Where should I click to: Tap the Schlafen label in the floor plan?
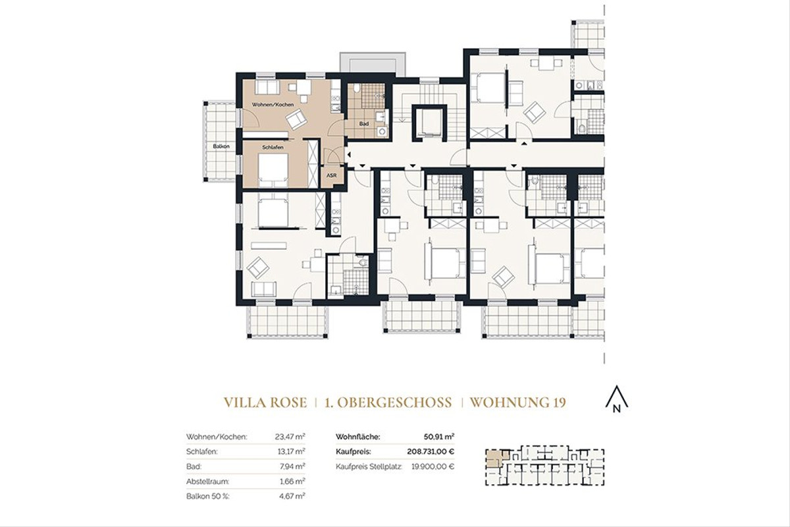[273, 148]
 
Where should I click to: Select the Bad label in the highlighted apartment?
[364, 123]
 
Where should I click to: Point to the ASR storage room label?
[331, 175]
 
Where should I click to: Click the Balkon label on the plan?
[221, 146]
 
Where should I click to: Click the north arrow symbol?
[616, 399]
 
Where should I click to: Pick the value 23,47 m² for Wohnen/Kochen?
[290, 436]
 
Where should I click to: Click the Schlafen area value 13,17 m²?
[290, 451]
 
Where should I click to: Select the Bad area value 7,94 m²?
[292, 466]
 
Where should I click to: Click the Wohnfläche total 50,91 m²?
[439, 436]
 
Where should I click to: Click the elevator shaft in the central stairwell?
[428, 123]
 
